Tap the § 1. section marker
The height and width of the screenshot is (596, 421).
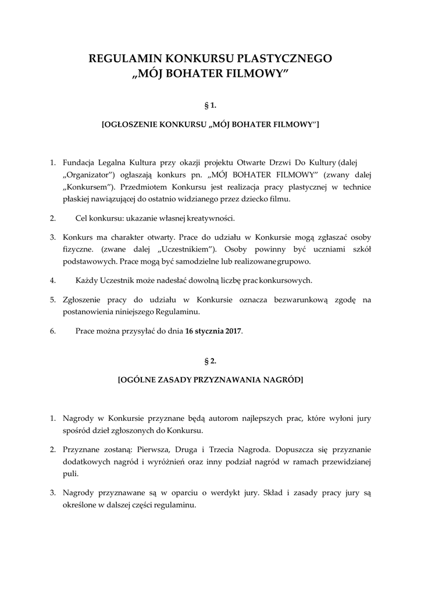pos(210,105)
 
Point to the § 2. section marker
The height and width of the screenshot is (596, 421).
pos(210,361)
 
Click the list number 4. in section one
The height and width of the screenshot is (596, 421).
pos(52,280)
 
